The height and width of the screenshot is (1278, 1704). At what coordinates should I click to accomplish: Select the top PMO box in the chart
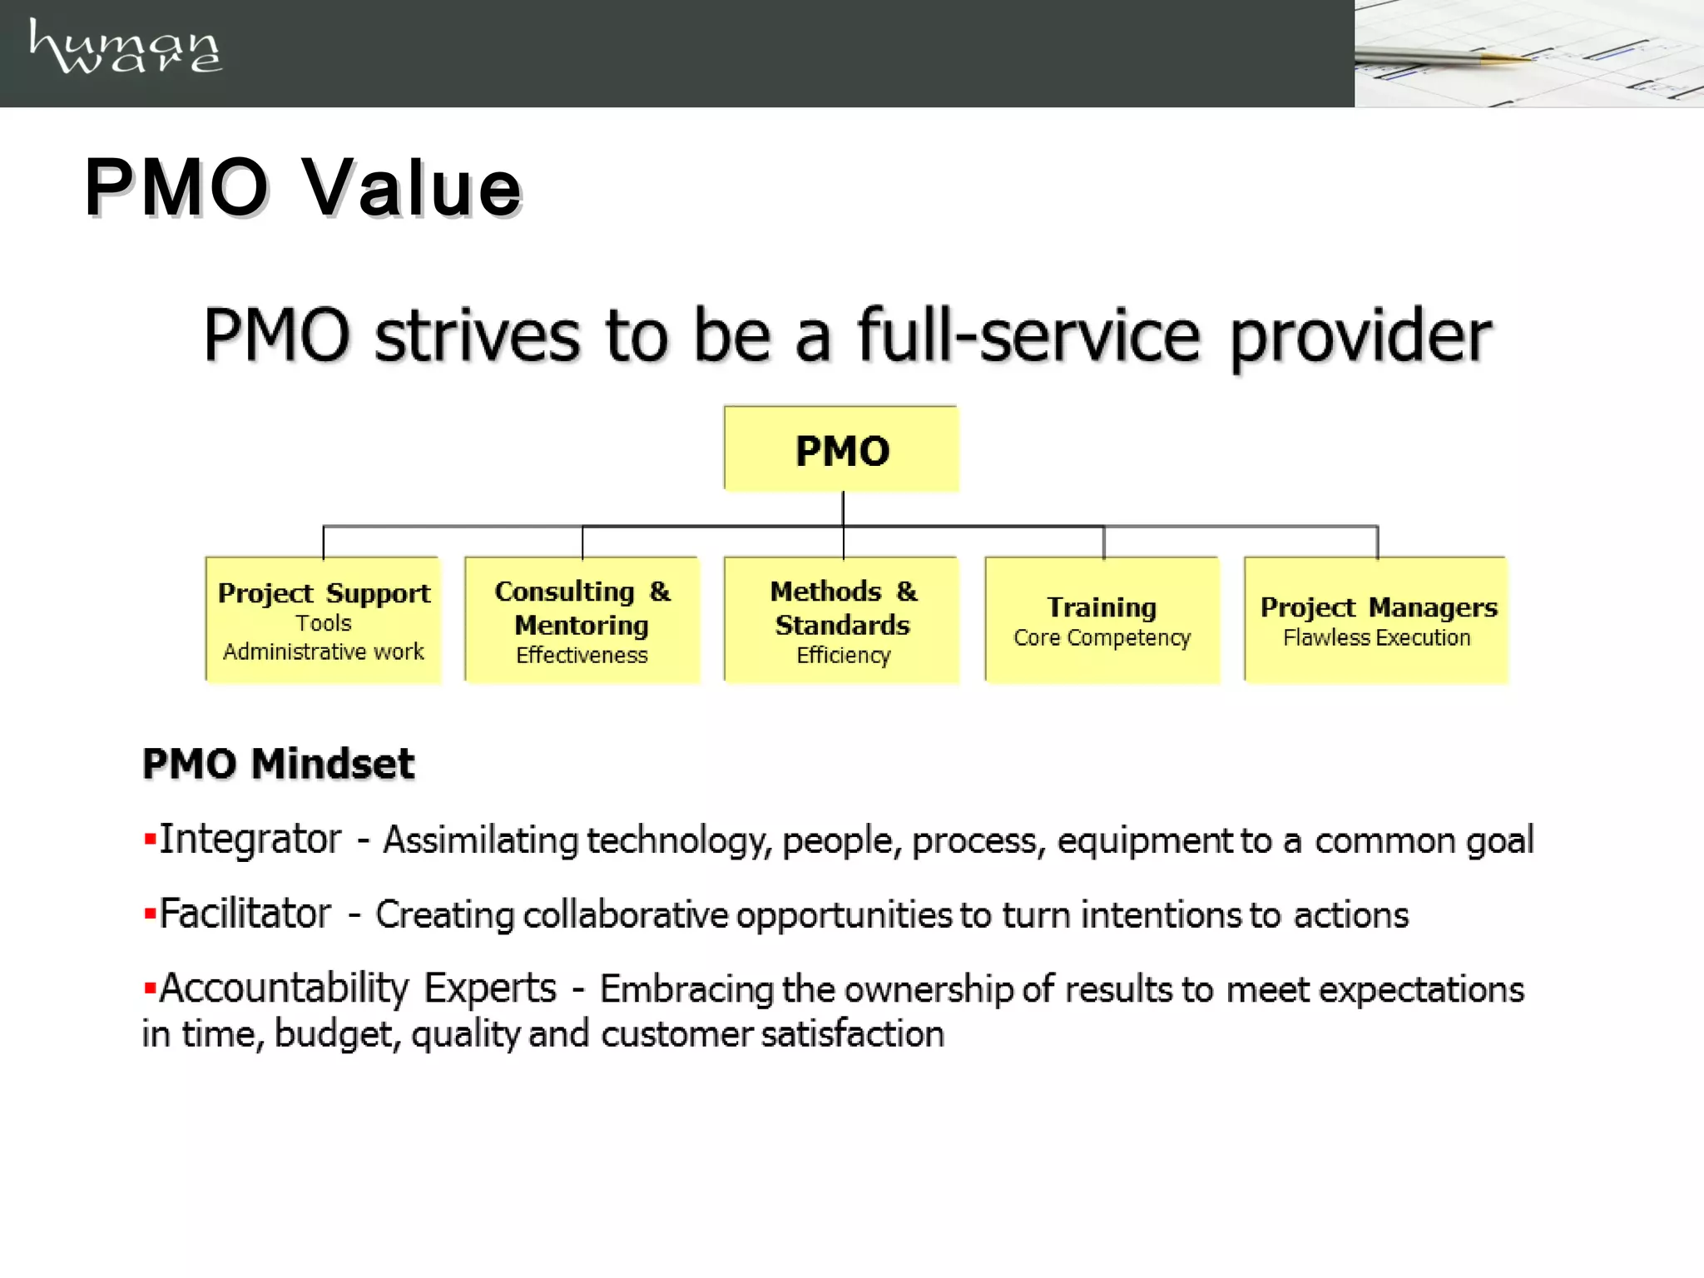pyautogui.click(x=841, y=449)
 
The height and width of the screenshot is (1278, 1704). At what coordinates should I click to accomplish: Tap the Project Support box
pyautogui.click(x=323, y=620)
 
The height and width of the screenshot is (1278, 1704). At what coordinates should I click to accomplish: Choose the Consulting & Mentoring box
pyautogui.click(x=582, y=620)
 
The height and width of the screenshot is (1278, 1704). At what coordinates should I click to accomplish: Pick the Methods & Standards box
pyautogui.click(x=842, y=620)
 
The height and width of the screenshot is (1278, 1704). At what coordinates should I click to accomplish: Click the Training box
pyautogui.click(x=1102, y=620)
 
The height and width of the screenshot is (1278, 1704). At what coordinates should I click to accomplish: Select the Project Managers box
pyautogui.click(x=1376, y=620)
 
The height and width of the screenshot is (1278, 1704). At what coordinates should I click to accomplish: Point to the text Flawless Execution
pyautogui.click(x=1376, y=638)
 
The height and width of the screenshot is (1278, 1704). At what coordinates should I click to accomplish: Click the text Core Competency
pyautogui.click(x=1102, y=638)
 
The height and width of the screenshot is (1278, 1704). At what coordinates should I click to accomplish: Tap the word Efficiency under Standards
pyautogui.click(x=843, y=656)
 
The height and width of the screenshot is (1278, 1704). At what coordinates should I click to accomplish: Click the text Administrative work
pyautogui.click(x=323, y=651)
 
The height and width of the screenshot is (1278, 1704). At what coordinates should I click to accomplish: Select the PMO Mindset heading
pyautogui.click(x=278, y=764)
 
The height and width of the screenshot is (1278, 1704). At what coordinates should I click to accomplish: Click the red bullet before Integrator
pyautogui.click(x=150, y=839)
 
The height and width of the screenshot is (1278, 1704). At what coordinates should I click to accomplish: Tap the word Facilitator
pyautogui.click(x=245, y=914)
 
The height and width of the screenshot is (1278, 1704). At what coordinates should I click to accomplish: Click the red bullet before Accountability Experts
pyautogui.click(x=150, y=988)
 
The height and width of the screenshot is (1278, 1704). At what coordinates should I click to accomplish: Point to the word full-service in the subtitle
pyautogui.click(x=1028, y=335)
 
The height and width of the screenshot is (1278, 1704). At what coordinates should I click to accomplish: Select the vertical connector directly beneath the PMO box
pyautogui.click(x=843, y=508)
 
